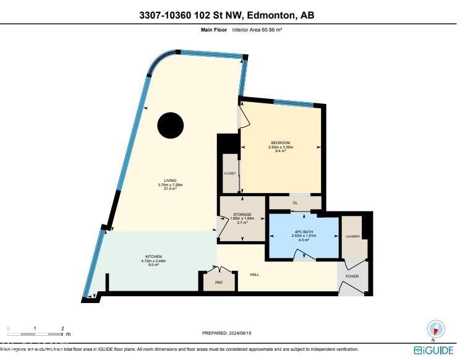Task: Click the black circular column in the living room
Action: pos(170,126)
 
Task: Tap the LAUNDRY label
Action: pos(352,236)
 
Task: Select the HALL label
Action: pos(254,274)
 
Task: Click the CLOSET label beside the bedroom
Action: pos(229,173)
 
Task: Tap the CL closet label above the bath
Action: pos(294,202)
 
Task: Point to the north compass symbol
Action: pos(436,329)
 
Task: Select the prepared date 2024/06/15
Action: pos(227,333)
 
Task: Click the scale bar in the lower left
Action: pos(35,333)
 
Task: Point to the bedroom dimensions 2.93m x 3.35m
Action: pos(280,147)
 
